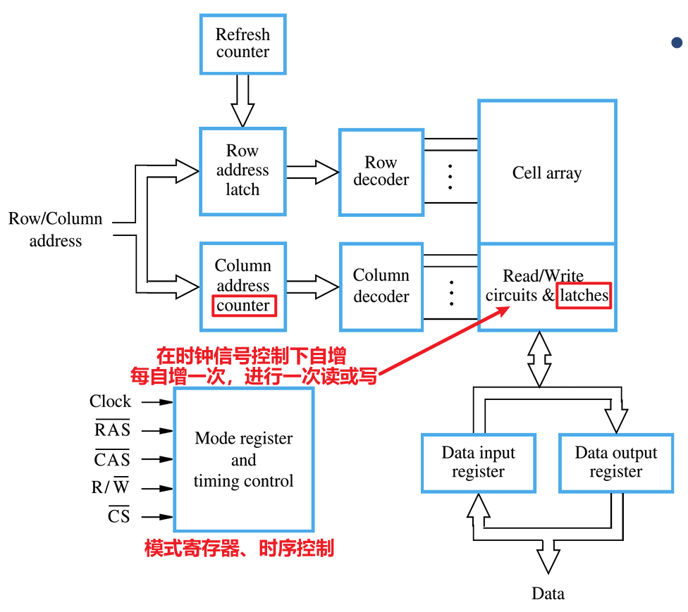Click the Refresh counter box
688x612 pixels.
point(242,43)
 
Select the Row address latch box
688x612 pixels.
point(242,170)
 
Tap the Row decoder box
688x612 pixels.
point(381,171)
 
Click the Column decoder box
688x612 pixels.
point(381,286)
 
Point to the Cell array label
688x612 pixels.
point(546,173)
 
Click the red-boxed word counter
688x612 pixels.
point(243,306)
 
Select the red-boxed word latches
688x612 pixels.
point(584,295)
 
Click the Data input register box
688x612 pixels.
point(478,463)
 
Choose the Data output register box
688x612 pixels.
point(615,463)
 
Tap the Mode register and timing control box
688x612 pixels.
point(243,459)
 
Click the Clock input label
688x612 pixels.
point(110,401)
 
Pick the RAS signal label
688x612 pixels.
point(113,430)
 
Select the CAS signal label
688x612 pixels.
point(113,459)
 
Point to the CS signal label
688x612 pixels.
point(118,516)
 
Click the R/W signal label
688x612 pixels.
point(111,487)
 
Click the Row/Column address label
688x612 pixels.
point(55,230)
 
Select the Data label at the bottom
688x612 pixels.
point(548,593)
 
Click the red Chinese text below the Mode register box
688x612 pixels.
point(239,549)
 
